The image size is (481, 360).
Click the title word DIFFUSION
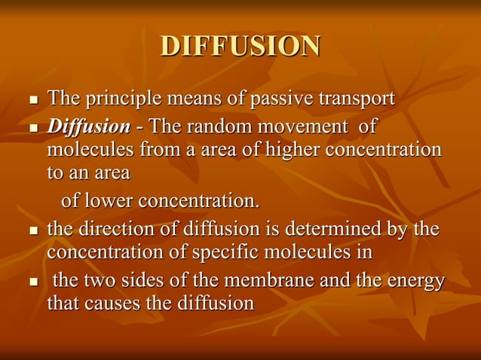coord(240,46)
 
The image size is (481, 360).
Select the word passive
coord(283,99)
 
